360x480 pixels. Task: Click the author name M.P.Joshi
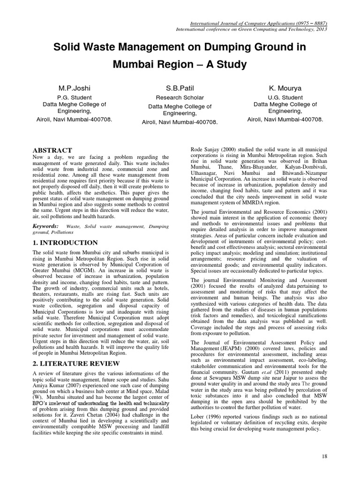74,88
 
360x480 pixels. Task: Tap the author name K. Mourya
285,88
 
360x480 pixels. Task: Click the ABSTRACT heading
52,150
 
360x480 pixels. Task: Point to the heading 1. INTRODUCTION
65,242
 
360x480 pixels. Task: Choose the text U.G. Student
285,97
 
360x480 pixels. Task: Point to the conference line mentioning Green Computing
251,29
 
